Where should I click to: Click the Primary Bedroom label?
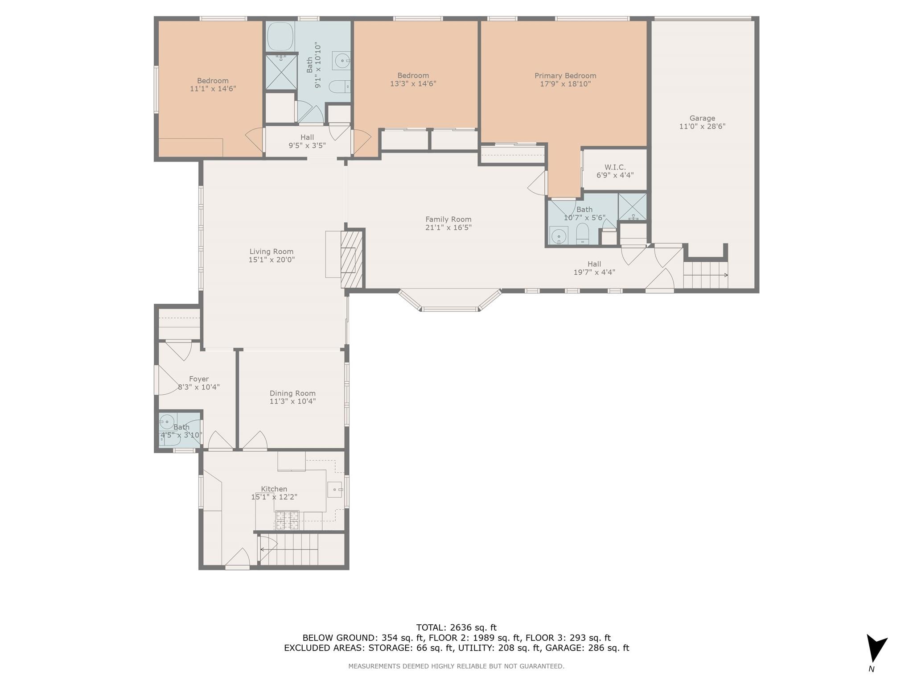click(565, 76)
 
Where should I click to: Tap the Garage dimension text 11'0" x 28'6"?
click(702, 126)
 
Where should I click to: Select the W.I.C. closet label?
click(615, 167)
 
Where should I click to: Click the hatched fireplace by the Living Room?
click(353, 259)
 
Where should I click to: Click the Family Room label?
click(448, 219)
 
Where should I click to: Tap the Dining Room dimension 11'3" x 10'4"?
click(292, 401)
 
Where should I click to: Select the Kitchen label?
click(274, 489)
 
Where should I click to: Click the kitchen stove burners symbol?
click(288, 520)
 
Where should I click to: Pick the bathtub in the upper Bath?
click(280, 37)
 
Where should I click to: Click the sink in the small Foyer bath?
click(167, 421)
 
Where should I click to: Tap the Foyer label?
click(199, 379)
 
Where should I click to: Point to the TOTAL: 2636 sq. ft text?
click(456, 627)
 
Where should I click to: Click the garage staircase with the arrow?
click(705, 275)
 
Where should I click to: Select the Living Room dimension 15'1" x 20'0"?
click(271, 260)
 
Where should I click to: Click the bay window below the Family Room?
click(450, 300)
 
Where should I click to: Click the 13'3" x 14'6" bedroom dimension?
click(413, 84)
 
